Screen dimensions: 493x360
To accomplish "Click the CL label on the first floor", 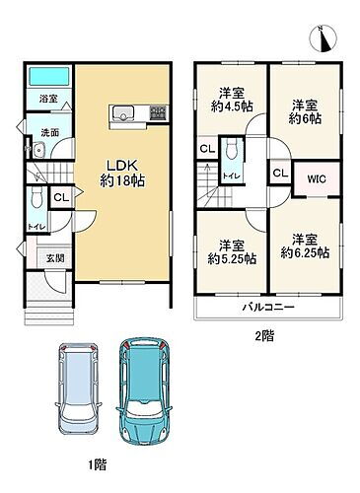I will (x=60, y=197).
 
